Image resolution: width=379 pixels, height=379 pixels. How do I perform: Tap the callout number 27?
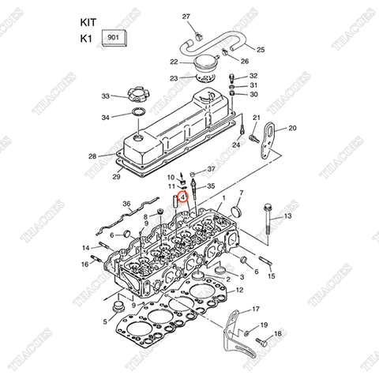(x=186, y=17)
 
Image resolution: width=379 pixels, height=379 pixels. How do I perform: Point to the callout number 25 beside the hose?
(x=261, y=50)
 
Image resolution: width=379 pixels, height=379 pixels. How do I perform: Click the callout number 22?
(x=173, y=62)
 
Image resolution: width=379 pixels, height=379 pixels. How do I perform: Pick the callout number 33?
(x=105, y=96)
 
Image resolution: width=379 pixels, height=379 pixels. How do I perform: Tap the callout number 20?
(x=292, y=128)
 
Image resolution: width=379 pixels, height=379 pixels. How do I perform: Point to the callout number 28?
(x=92, y=156)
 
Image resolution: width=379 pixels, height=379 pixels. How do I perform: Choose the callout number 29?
(x=116, y=177)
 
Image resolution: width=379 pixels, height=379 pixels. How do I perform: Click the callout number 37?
(x=211, y=169)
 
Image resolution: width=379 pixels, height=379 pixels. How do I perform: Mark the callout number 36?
(x=126, y=205)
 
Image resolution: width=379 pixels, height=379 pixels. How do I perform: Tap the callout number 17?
(x=254, y=309)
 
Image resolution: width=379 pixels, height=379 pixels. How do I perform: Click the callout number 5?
(x=104, y=321)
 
